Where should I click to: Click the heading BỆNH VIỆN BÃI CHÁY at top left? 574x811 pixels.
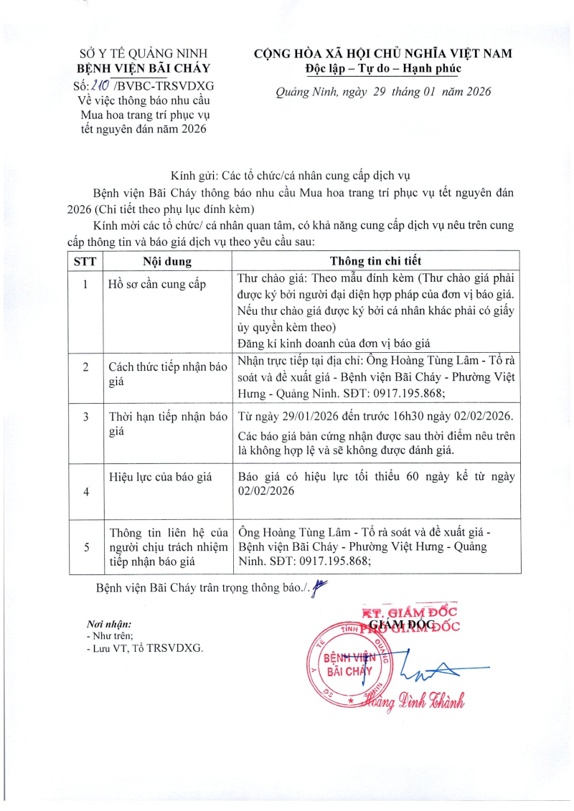tap(143, 69)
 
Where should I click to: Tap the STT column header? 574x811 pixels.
tap(85, 260)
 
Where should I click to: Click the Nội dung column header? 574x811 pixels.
tap(166, 260)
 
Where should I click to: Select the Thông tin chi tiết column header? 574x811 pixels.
tap(375, 260)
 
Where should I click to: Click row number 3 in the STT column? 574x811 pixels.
tap(85, 417)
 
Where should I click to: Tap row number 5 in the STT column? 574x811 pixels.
tap(85, 546)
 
